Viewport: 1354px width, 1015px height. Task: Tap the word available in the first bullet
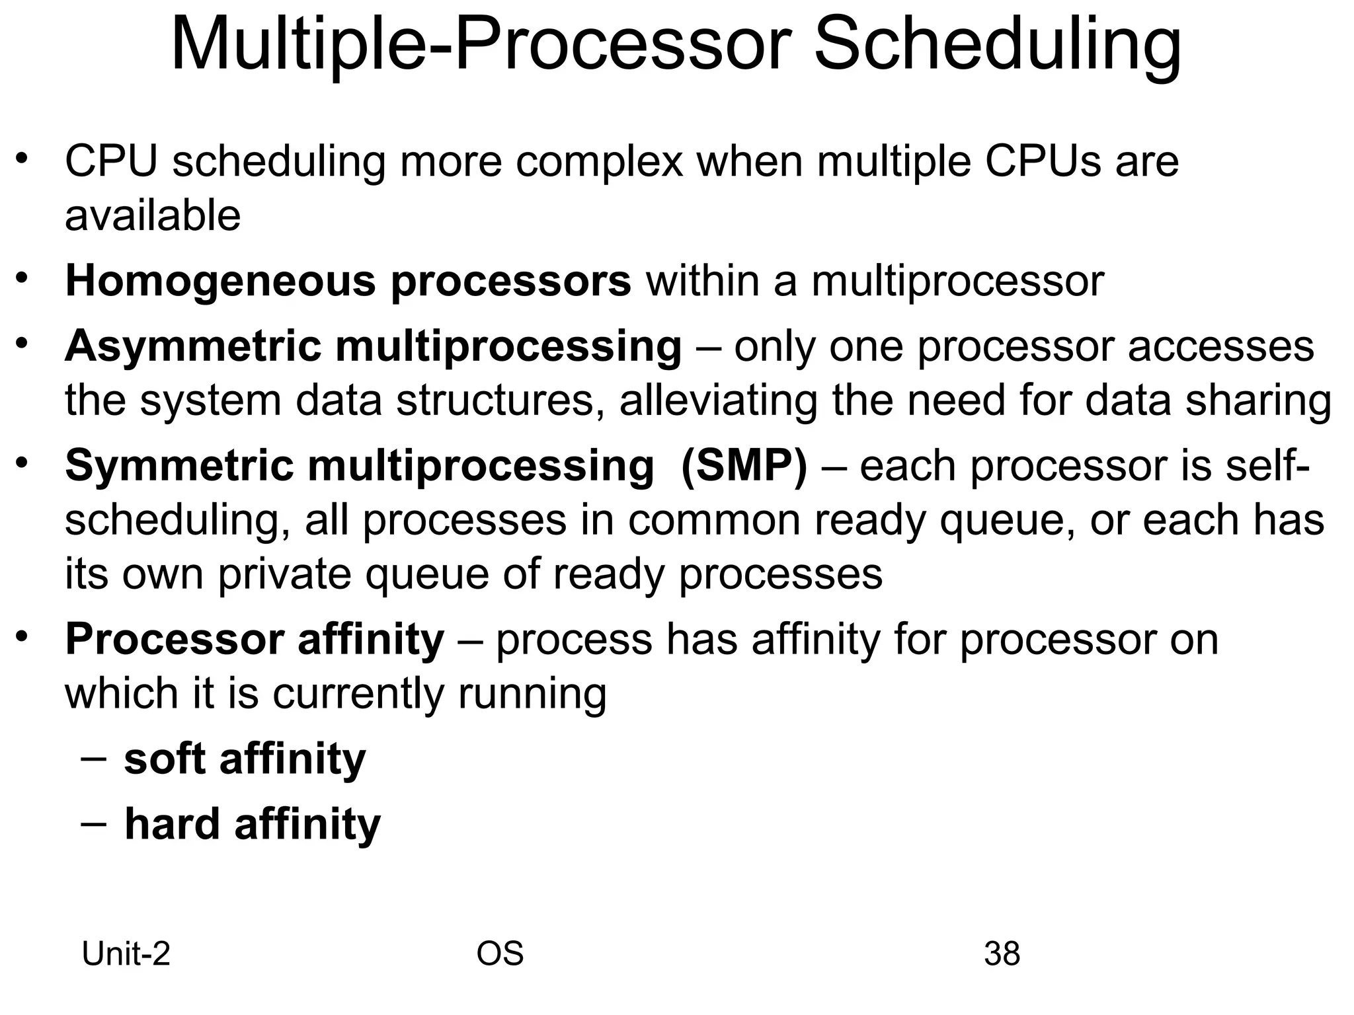pos(153,216)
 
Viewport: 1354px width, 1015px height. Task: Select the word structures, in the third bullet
pos(500,401)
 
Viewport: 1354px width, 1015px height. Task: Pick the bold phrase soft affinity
pos(245,759)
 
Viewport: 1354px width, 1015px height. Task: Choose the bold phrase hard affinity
pos(253,825)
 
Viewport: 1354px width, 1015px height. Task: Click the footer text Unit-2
pos(126,954)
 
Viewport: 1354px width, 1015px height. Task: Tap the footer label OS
pos(500,954)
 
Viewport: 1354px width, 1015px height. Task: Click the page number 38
pos(1002,954)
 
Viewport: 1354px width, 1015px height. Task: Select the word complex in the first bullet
pos(599,161)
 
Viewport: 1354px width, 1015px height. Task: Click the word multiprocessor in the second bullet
pos(957,282)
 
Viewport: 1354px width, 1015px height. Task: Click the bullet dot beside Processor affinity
pos(22,636)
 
